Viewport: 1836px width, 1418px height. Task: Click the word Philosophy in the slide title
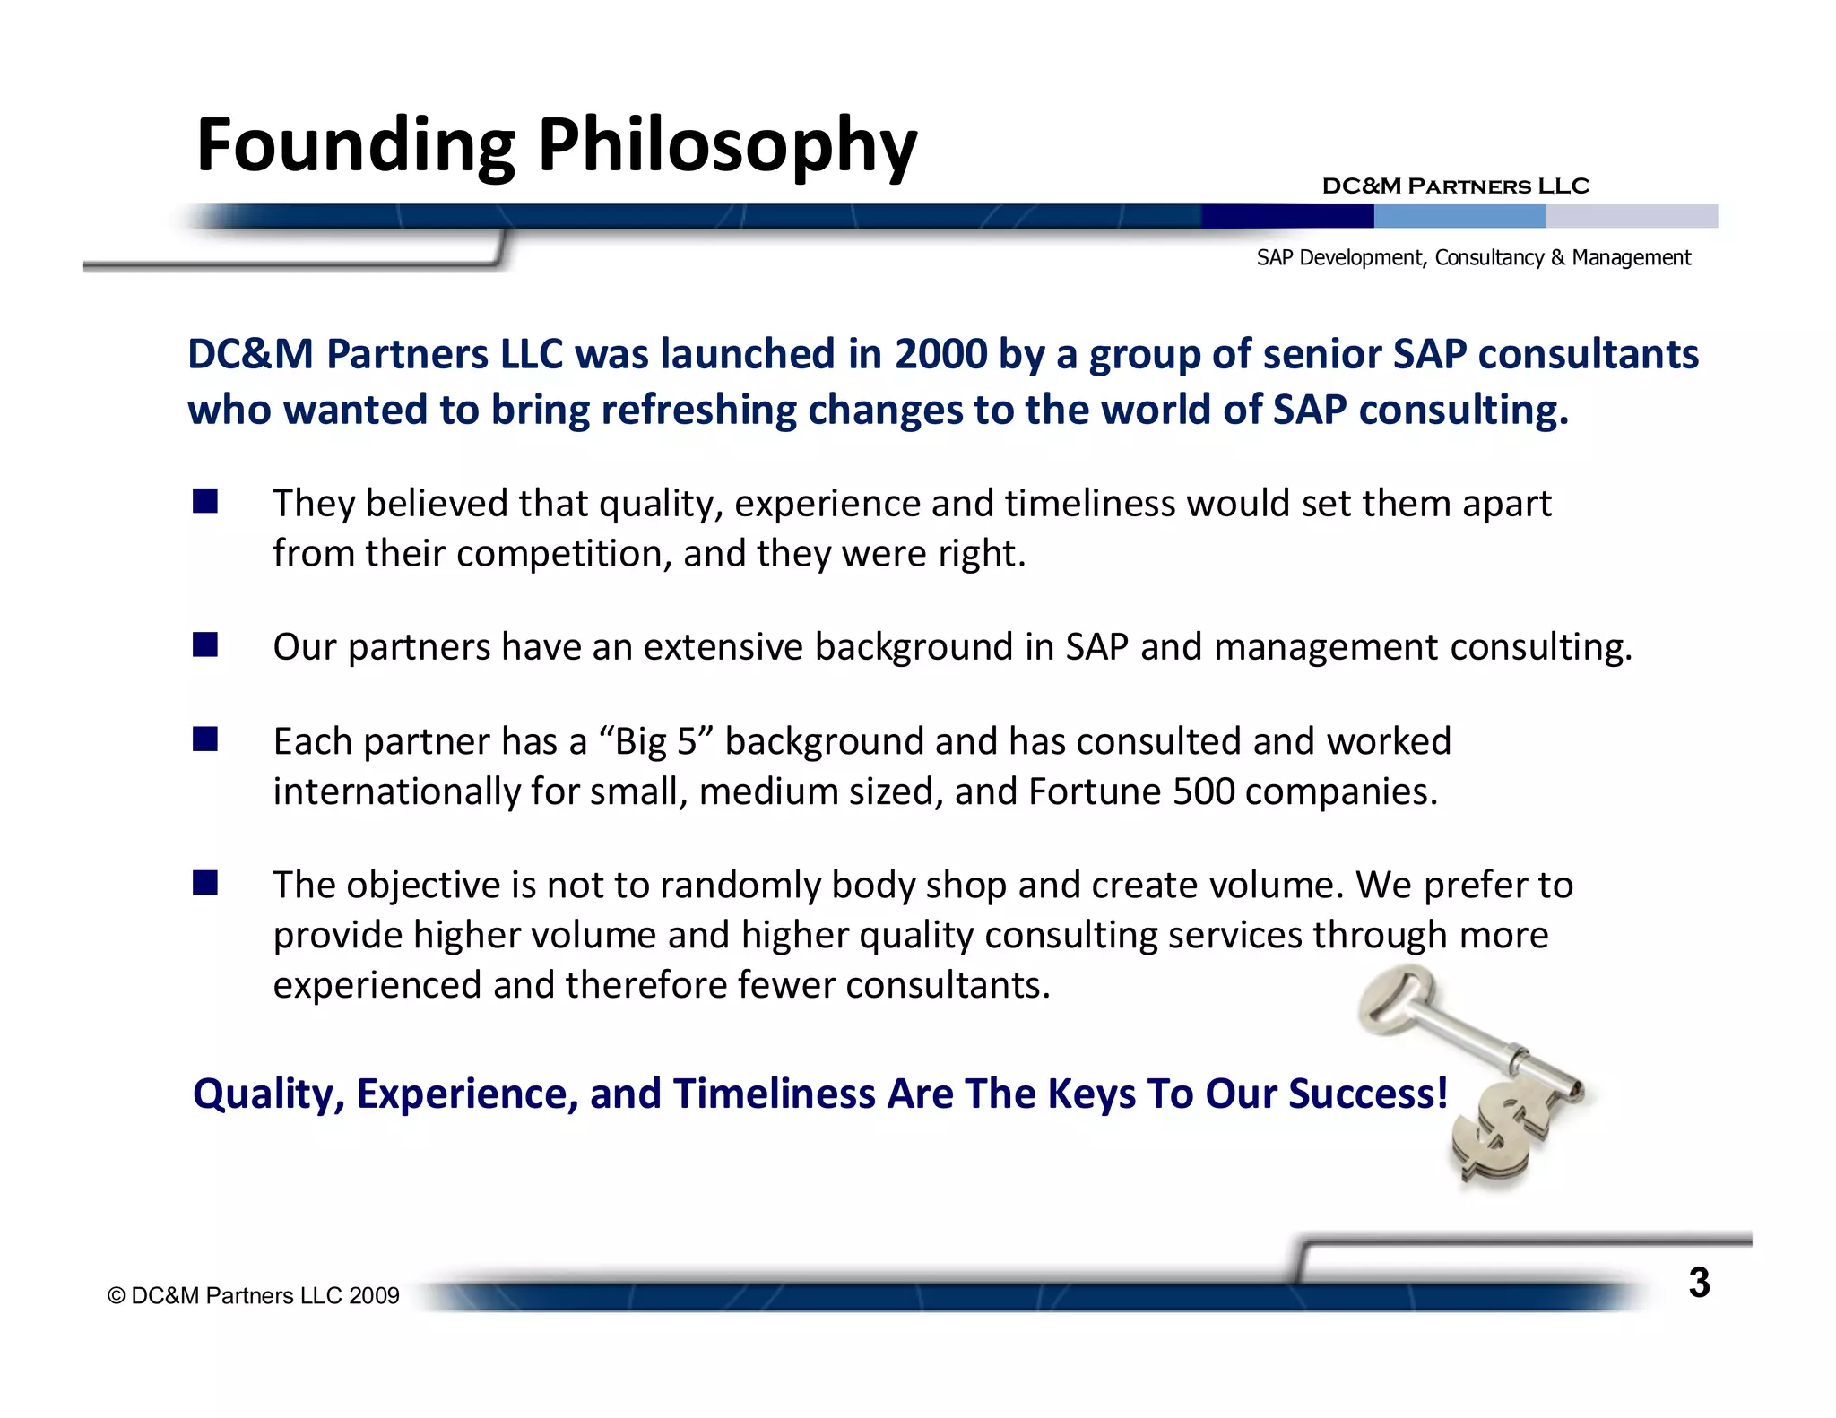pyautogui.click(x=727, y=146)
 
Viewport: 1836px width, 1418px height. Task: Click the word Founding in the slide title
pyautogui.click(x=356, y=146)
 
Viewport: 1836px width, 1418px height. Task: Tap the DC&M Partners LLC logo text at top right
pyautogui.click(x=1455, y=186)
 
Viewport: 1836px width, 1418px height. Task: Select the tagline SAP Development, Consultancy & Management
pyautogui.click(x=1473, y=258)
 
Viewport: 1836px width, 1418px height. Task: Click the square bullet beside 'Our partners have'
pyautogui.click(x=205, y=644)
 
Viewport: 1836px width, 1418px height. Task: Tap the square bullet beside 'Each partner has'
pyautogui.click(x=205, y=739)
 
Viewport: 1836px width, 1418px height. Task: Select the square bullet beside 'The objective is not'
pyautogui.click(x=205, y=883)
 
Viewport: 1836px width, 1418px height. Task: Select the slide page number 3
pyautogui.click(x=1699, y=1283)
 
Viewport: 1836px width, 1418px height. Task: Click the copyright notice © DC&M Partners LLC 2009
pyautogui.click(x=253, y=1296)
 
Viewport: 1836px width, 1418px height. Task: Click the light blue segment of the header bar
pyautogui.click(x=1459, y=216)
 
